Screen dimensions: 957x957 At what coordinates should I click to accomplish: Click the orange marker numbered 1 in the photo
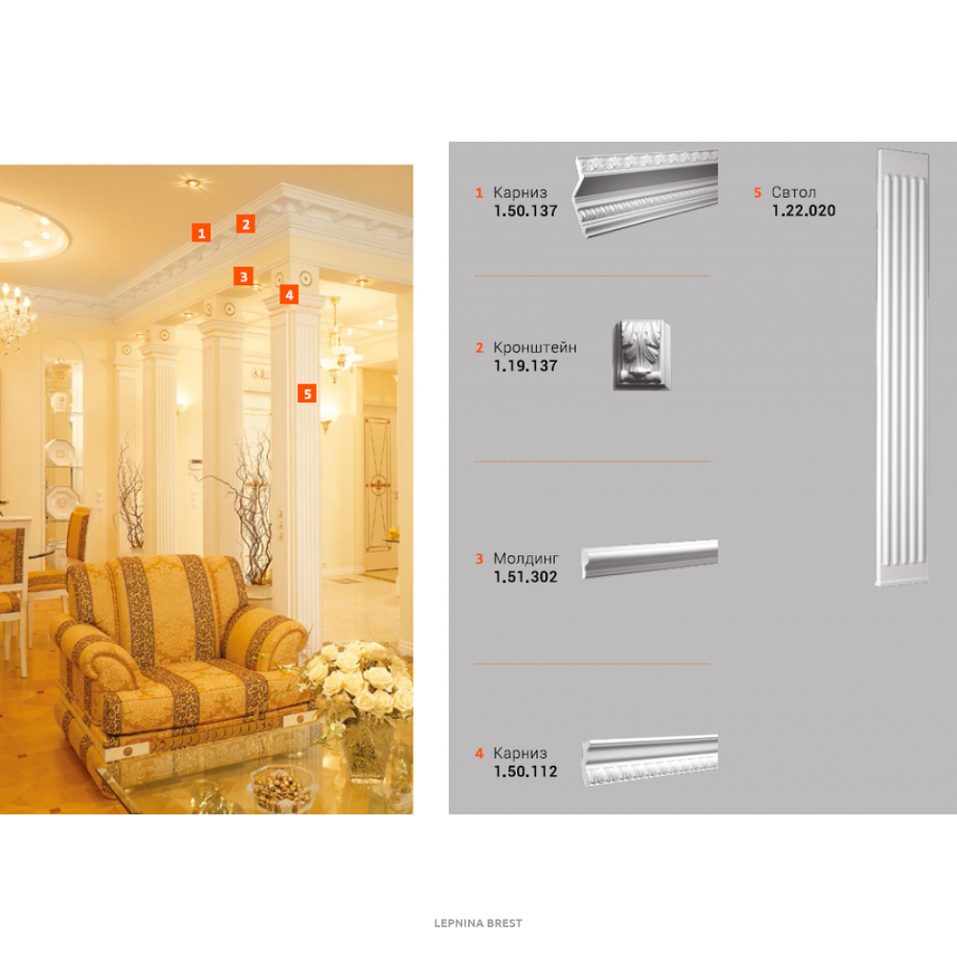point(201,233)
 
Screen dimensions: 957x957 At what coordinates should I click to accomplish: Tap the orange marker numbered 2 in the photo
point(246,224)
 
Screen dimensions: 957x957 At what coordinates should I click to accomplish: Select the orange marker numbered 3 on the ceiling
point(243,277)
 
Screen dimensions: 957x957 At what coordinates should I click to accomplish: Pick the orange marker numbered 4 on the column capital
point(289,295)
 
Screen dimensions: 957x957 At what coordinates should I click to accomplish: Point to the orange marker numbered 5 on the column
point(307,393)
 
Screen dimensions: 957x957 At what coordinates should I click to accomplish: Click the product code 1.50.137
point(525,211)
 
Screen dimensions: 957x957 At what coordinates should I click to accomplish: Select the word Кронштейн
point(535,347)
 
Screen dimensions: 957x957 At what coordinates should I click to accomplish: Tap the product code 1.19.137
point(525,367)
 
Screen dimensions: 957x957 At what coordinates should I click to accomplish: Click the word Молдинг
point(526,559)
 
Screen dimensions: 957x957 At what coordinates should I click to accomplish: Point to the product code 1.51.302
point(525,577)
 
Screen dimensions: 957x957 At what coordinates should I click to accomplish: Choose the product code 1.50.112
point(525,772)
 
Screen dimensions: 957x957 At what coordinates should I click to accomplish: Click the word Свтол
point(793,192)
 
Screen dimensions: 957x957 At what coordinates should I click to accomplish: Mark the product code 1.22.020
point(803,211)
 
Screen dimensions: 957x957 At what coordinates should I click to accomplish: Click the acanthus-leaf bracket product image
point(641,355)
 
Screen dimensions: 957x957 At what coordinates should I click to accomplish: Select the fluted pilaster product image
point(902,367)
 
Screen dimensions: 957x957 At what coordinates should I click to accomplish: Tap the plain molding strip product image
point(650,558)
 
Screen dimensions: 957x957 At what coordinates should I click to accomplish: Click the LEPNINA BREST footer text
point(478,924)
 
